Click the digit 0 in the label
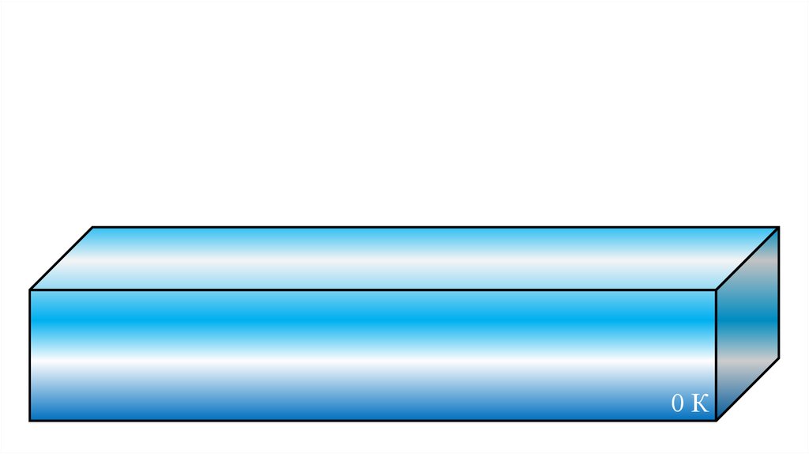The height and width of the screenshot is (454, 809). click(x=678, y=404)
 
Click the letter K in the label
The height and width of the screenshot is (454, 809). click(x=699, y=404)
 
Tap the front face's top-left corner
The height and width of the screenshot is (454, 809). click(x=30, y=290)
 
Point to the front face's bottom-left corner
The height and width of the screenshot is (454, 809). click(x=30, y=420)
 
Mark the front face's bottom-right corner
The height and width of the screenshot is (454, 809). click(x=716, y=420)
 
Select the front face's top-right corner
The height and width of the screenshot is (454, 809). click(x=716, y=290)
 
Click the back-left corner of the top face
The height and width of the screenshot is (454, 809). click(x=93, y=227)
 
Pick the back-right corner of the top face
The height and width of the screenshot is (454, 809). click(x=779, y=227)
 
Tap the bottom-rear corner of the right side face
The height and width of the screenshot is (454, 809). click(x=779, y=358)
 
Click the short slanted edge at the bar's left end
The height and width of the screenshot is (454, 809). click(x=62, y=259)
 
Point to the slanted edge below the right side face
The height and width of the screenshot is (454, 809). click(x=747, y=389)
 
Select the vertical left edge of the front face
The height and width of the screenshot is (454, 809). click(x=30, y=356)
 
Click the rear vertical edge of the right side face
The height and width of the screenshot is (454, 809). click(x=779, y=293)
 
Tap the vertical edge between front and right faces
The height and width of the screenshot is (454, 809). click(x=716, y=356)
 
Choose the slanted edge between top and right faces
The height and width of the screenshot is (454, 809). click(x=747, y=259)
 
